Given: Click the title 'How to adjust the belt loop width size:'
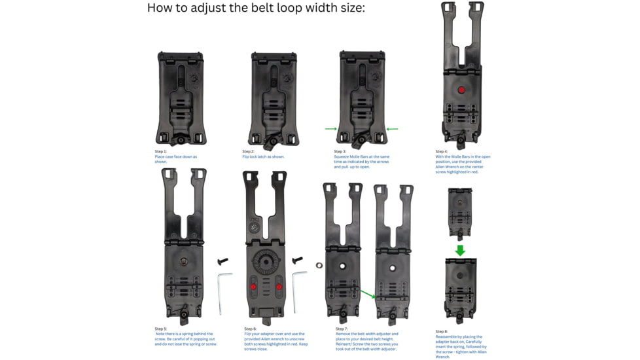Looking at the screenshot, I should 255,9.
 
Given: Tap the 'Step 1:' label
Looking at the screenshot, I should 160,152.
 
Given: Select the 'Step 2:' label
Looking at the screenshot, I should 248,152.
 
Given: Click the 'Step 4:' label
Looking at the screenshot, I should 441,152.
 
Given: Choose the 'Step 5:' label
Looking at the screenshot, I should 160,329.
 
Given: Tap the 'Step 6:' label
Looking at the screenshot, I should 250,329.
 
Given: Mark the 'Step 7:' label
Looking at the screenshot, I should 342,329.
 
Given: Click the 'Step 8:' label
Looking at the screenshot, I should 441,332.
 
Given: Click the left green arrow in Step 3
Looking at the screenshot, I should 331,129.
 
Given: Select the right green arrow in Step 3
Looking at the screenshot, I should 392,129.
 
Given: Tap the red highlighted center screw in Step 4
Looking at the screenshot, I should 461,90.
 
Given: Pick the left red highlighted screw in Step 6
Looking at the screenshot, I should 254,287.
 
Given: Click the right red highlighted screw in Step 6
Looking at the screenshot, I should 279,287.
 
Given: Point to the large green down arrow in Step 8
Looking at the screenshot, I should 460,250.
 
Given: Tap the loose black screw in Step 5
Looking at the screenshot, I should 222,262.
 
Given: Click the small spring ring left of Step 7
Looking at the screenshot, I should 319,266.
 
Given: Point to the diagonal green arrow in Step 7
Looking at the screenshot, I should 368,295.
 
